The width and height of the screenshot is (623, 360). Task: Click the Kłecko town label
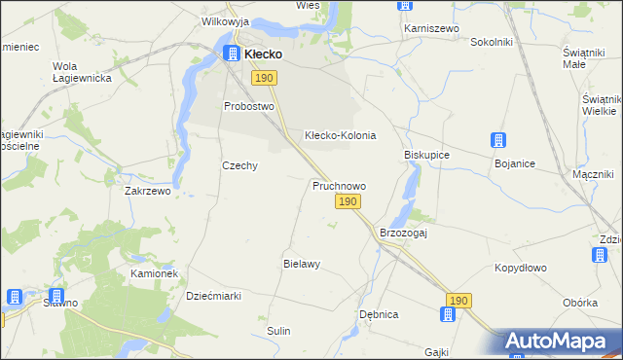click(x=263, y=54)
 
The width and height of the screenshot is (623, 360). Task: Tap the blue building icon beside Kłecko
click(x=233, y=54)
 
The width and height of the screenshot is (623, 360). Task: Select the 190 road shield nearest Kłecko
click(x=263, y=77)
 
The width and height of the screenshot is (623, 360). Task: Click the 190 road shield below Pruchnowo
click(x=348, y=201)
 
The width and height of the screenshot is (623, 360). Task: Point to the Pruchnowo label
click(x=339, y=185)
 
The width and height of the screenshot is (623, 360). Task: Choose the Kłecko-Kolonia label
click(x=340, y=135)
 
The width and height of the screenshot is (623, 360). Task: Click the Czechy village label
click(x=239, y=165)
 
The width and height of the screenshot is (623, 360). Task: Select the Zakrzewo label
click(x=148, y=192)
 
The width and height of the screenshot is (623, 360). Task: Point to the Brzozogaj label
click(x=404, y=234)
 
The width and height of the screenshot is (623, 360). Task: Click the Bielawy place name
click(x=302, y=264)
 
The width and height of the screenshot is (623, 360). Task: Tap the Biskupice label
click(x=426, y=155)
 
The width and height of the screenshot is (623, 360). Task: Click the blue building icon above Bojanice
click(x=498, y=141)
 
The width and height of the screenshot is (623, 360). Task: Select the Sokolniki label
click(x=492, y=43)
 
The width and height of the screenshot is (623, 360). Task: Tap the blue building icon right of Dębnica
click(x=447, y=314)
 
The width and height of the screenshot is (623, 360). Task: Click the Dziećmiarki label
click(x=213, y=296)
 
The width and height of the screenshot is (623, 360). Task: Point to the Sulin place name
click(x=279, y=331)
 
